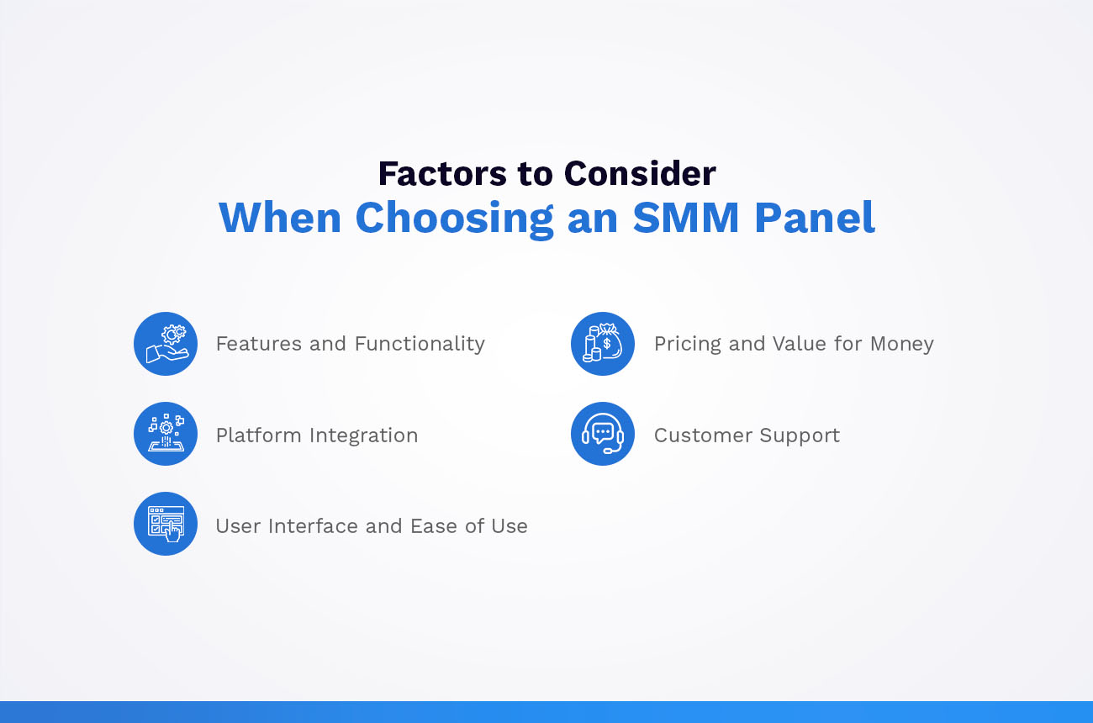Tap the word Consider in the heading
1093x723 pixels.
pyautogui.click(x=640, y=174)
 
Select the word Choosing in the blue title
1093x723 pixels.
pyautogui.click(x=454, y=218)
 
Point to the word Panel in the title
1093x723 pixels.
pyautogui.click(x=814, y=218)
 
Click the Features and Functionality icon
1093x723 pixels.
pyautogui.click(x=166, y=344)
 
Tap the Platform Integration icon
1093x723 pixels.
pyautogui.click(x=166, y=434)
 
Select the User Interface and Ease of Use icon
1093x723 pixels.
pyautogui.click(x=166, y=524)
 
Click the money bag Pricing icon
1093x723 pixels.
pyautogui.click(x=603, y=344)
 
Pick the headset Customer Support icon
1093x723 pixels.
pyautogui.click(x=603, y=434)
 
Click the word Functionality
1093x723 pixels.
pyautogui.click(x=420, y=344)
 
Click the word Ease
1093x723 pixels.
pyautogui.click(x=434, y=526)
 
